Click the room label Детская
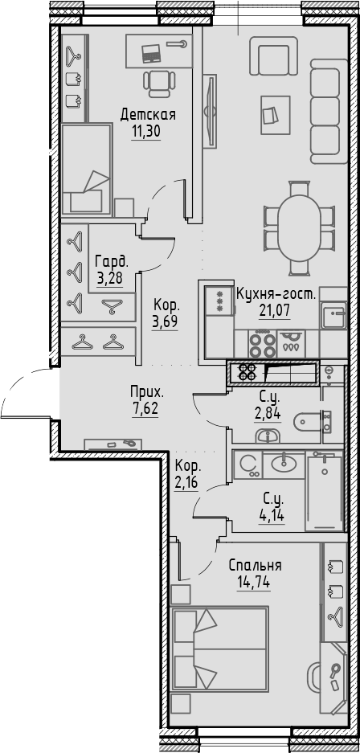coord(148,114)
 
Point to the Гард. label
coord(112,261)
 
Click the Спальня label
coord(255,565)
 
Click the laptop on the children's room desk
coord(151,53)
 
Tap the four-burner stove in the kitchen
coord(260,344)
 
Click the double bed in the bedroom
coord(220,649)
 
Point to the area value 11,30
coord(148,131)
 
